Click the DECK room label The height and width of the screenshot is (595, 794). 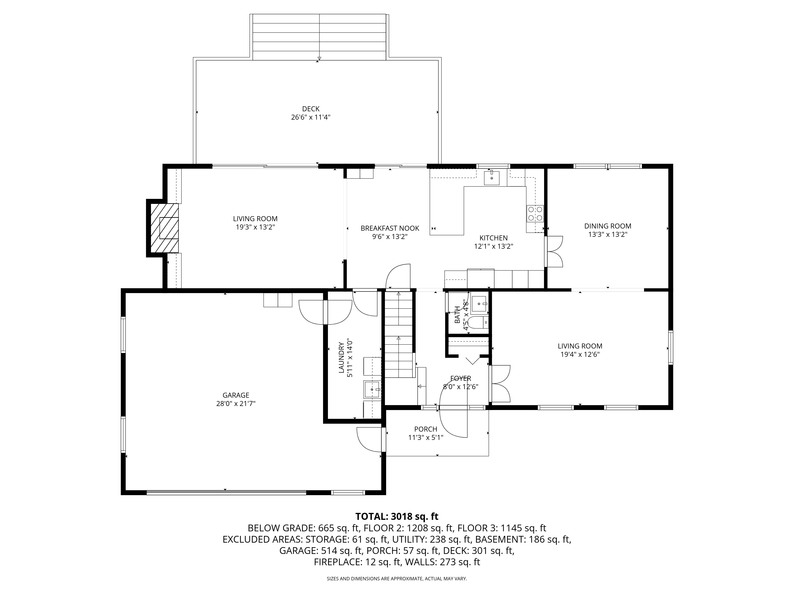[x=310, y=109]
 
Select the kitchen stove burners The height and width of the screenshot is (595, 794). [x=535, y=213]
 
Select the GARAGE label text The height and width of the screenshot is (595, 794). [x=236, y=395]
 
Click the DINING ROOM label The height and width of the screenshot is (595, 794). [x=608, y=226]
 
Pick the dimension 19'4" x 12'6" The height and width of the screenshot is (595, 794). [x=580, y=354]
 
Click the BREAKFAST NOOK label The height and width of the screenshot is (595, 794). [x=390, y=228]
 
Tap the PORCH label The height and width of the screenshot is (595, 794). [x=426, y=429]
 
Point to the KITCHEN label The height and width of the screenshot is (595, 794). [x=493, y=238]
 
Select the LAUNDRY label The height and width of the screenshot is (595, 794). [x=341, y=358]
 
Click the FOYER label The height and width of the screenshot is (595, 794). [x=461, y=378]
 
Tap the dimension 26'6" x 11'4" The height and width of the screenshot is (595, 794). [x=310, y=117]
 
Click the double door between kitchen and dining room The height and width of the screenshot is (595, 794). [x=554, y=251]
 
